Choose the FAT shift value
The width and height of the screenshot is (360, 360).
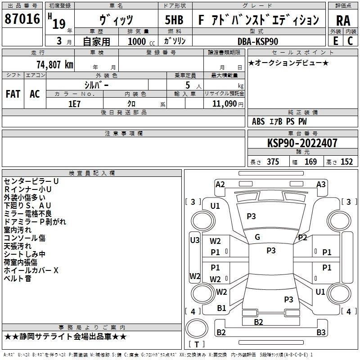pyautogui.click(x=13, y=94)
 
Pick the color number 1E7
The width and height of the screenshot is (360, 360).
pyautogui.click(x=74, y=103)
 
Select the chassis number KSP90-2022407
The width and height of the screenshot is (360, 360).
pyautogui.click(x=302, y=143)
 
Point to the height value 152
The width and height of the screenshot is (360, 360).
pyautogui.click(x=346, y=162)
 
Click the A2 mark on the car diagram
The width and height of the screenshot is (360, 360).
pyautogui.click(x=220, y=184)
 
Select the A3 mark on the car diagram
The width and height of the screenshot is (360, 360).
pyautogui.click(x=321, y=184)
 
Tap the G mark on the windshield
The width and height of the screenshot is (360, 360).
pyautogui.click(x=257, y=237)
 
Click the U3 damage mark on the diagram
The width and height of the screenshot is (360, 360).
pyautogui.click(x=195, y=240)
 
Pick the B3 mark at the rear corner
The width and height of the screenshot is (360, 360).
pyautogui.click(x=321, y=333)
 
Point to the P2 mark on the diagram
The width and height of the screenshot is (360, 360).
pyautogui.click(x=302, y=238)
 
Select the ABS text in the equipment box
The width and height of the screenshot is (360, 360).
pyautogui.click(x=258, y=121)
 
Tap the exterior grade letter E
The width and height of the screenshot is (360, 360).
pyautogui.click(x=335, y=40)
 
